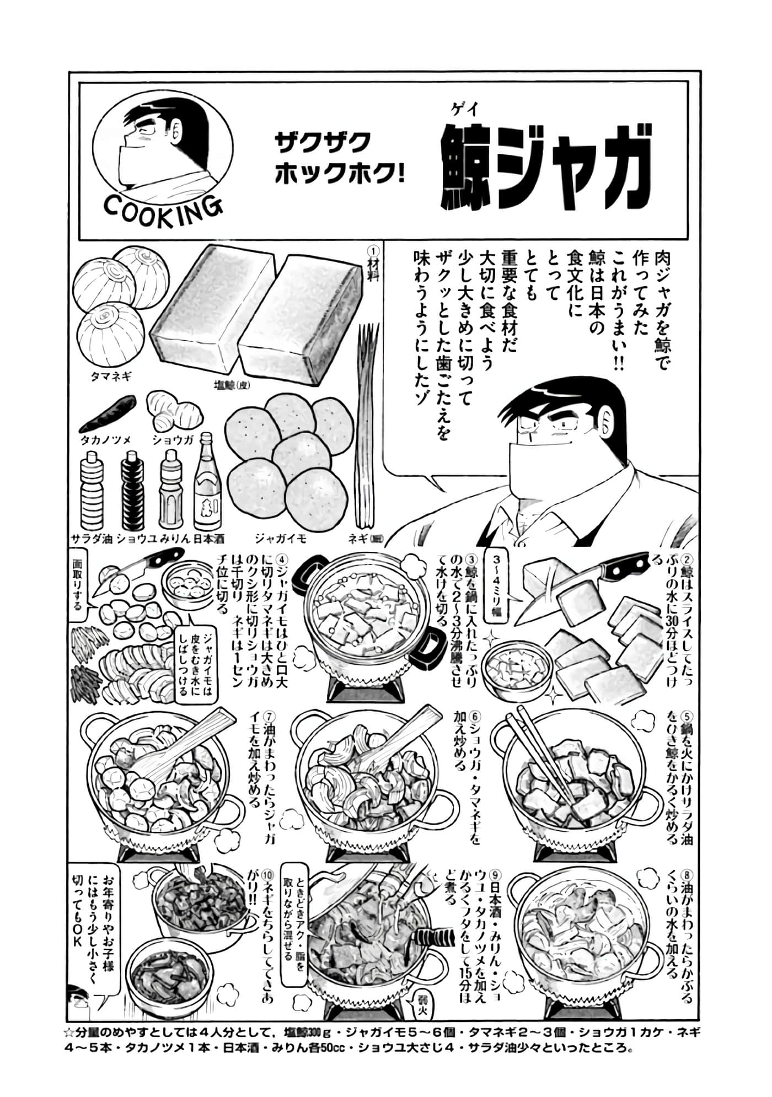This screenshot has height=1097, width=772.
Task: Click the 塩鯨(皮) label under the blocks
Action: click(x=231, y=386)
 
